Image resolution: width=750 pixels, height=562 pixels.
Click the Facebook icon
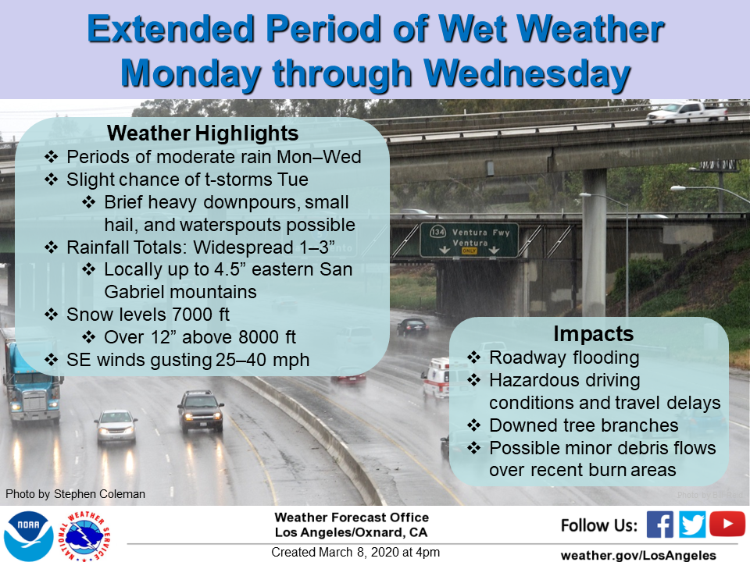[659, 525]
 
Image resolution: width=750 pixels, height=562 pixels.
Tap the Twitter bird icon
[691, 525]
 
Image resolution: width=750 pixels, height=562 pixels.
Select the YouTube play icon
[727, 524]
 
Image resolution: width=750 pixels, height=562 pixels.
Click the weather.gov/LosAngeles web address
[638, 555]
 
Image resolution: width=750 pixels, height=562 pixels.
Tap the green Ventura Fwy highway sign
[469, 240]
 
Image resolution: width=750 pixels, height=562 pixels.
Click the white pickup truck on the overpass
[687, 112]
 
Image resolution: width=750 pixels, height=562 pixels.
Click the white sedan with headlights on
[116, 426]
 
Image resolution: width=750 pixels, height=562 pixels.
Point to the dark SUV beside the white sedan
[201, 411]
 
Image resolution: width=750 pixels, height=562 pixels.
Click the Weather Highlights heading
[203, 133]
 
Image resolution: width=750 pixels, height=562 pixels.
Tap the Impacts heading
[594, 334]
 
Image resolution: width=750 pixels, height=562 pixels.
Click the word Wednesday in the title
[527, 75]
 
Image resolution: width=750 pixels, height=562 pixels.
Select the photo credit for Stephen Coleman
[75, 494]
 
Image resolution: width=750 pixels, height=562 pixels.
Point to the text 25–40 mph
[262, 360]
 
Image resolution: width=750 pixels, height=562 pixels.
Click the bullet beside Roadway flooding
[473, 357]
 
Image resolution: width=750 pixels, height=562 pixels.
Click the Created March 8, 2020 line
[355, 552]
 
